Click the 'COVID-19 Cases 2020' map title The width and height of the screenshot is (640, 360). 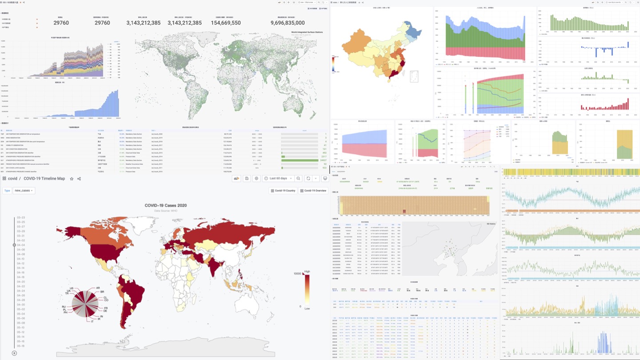tap(166, 205)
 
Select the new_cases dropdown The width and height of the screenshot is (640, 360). tap(24, 191)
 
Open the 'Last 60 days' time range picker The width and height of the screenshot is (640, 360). tap(278, 178)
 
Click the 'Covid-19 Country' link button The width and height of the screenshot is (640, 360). tap(283, 191)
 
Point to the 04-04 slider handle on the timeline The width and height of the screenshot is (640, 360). tap(14, 245)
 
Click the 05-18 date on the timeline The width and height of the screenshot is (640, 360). tap(21, 346)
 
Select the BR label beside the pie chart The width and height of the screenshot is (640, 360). tap(102, 292)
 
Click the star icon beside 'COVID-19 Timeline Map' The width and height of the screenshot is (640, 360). tap(72, 179)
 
